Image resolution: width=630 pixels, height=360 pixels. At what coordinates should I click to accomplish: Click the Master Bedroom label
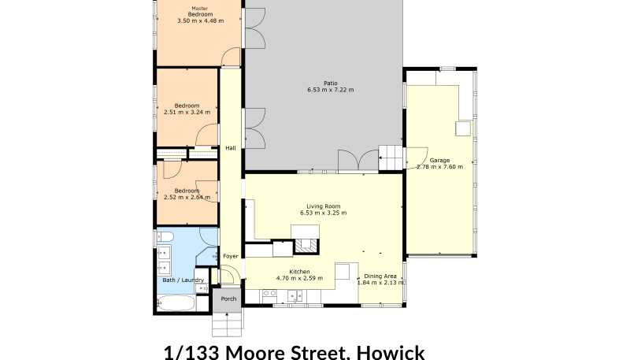(x=200, y=11)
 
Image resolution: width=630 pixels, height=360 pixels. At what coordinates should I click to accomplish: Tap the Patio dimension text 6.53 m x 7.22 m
(x=331, y=90)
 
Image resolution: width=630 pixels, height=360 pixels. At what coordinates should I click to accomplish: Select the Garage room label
(x=439, y=161)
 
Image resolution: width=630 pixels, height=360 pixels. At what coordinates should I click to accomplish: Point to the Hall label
(x=231, y=148)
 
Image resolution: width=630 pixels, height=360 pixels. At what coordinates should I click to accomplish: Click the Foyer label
(x=231, y=256)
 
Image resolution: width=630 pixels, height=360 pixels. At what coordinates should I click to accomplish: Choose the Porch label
(x=228, y=299)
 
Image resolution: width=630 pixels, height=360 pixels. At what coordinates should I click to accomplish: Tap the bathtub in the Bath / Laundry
(x=176, y=303)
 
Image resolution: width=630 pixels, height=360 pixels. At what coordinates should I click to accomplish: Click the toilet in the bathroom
(x=165, y=237)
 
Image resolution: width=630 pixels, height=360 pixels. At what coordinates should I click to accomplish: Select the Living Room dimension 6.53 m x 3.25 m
(x=324, y=213)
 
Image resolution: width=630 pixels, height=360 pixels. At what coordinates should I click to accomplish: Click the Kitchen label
(x=299, y=272)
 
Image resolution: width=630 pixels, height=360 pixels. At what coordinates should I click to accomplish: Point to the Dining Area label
(x=380, y=276)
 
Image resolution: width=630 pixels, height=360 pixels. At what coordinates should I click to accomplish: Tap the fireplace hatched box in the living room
(x=306, y=245)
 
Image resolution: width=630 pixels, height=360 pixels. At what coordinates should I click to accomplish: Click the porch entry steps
(x=228, y=324)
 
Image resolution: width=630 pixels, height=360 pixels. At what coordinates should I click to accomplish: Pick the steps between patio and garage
(x=391, y=158)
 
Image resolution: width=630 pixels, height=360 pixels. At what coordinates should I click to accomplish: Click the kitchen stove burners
(x=269, y=295)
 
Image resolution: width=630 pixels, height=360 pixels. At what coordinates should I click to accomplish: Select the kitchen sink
(x=295, y=296)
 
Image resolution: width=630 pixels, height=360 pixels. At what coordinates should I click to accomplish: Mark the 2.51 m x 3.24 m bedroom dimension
(x=187, y=113)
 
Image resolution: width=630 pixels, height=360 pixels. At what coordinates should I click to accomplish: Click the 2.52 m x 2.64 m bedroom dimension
(x=187, y=197)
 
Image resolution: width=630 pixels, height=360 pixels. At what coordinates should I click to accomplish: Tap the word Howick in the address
(x=391, y=352)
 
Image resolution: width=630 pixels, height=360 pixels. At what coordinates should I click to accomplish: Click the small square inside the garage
(x=463, y=128)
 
